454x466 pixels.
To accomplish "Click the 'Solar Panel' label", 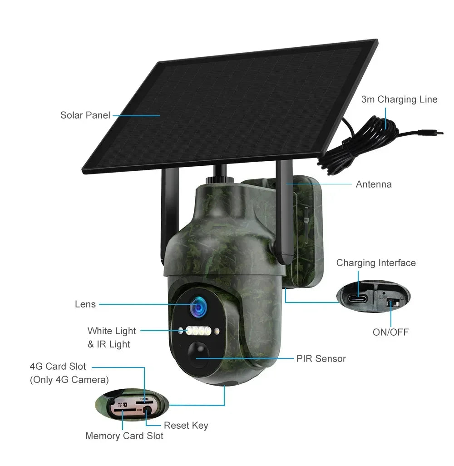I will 85,115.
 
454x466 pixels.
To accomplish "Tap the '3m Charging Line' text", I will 399,99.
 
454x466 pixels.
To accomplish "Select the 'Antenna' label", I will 373,184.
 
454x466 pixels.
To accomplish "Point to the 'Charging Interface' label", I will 375,263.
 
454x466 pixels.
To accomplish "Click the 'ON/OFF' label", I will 390,332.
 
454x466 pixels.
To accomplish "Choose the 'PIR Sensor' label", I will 321,359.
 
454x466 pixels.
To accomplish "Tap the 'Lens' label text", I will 85,304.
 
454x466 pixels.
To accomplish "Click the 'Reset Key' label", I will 186,426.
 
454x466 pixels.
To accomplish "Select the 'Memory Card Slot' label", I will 124,436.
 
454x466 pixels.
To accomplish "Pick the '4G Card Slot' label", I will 58,367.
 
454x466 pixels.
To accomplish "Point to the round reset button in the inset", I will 147,412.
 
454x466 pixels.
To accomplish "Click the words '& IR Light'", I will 109,344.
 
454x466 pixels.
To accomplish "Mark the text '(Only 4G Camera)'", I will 69,380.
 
